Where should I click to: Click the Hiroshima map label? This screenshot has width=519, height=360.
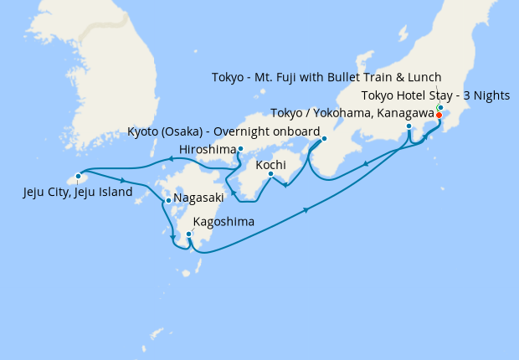(207, 151)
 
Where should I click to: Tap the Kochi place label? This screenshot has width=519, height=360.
(270, 164)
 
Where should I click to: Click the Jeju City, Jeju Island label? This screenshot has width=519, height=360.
(78, 193)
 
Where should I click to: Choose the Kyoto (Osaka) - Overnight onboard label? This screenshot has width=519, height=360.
(224, 132)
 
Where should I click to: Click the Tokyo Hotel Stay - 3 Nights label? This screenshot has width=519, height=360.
(435, 95)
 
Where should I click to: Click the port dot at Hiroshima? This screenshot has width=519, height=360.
(240, 150)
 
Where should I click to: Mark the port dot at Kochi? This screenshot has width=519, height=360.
(270, 174)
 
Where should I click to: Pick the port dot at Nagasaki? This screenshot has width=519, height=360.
(168, 200)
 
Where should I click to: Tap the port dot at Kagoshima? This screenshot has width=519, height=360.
(188, 234)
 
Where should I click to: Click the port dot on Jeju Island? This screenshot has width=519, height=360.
(78, 177)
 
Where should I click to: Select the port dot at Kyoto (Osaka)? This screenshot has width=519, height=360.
(324, 139)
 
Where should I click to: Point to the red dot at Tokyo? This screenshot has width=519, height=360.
(439, 115)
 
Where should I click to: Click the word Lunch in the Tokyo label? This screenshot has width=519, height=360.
(423, 78)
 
